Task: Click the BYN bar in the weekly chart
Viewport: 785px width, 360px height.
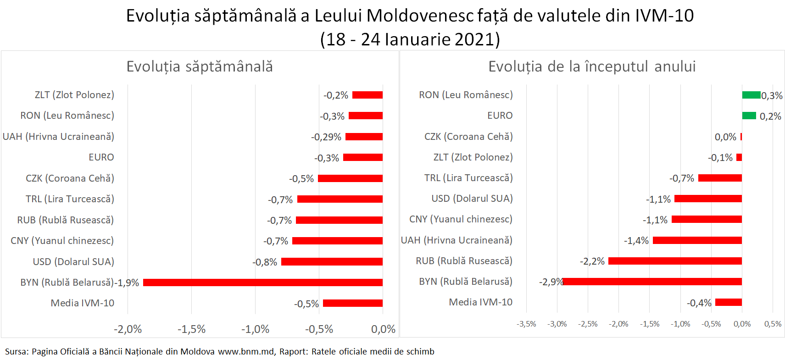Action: click(x=262, y=282)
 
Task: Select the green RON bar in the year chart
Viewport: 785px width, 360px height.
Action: click(x=751, y=95)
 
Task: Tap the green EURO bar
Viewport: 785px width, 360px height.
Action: click(x=749, y=116)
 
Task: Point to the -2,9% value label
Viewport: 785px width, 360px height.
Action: click(x=551, y=282)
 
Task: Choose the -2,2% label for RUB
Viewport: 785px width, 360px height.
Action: click(x=592, y=261)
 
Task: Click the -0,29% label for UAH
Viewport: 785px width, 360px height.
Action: click(x=326, y=137)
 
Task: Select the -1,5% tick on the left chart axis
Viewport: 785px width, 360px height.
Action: click(x=191, y=329)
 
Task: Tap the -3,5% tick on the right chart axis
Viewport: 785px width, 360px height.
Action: click(x=526, y=324)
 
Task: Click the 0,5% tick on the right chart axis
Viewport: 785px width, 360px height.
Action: click(x=773, y=324)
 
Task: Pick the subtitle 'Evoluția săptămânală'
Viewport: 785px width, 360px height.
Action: click(x=200, y=66)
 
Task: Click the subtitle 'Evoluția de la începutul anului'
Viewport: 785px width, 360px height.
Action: click(x=592, y=66)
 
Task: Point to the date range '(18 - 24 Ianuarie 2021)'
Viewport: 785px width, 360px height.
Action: click(x=410, y=39)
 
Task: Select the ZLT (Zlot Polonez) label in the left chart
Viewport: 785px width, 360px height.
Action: click(x=74, y=95)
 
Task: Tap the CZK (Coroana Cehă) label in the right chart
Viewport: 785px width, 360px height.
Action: click(x=468, y=137)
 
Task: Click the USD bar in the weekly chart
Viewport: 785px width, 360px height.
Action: click(x=332, y=262)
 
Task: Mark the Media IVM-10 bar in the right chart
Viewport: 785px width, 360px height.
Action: click(x=729, y=302)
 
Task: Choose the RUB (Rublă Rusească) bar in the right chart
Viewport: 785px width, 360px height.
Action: click(x=675, y=261)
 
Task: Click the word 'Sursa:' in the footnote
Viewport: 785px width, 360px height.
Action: click(x=17, y=352)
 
